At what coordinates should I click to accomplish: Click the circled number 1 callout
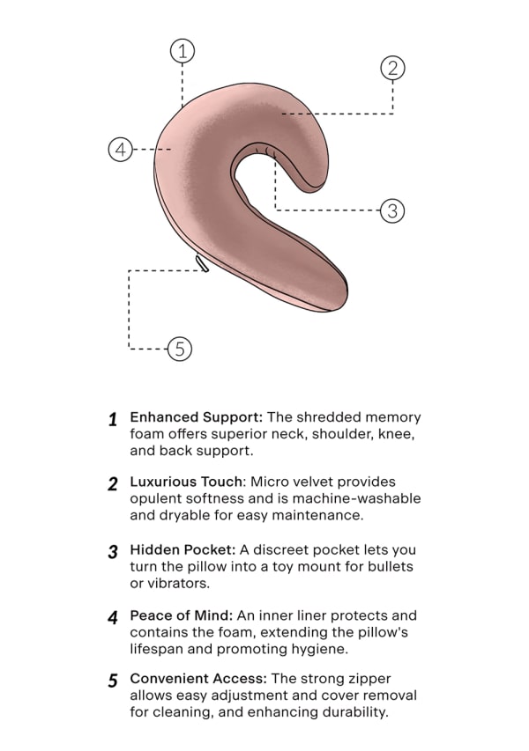182,51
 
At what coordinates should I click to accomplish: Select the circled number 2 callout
392,68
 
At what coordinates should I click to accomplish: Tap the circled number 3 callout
391,210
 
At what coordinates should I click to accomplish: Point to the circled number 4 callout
121,149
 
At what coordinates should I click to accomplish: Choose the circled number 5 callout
179,349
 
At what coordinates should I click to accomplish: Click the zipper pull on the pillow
203,263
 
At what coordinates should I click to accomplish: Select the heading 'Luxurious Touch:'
188,482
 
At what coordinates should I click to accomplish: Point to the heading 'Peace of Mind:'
179,615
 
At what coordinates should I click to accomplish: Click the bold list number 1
113,420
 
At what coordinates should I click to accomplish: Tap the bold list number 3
113,552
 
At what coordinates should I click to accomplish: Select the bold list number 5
113,681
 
